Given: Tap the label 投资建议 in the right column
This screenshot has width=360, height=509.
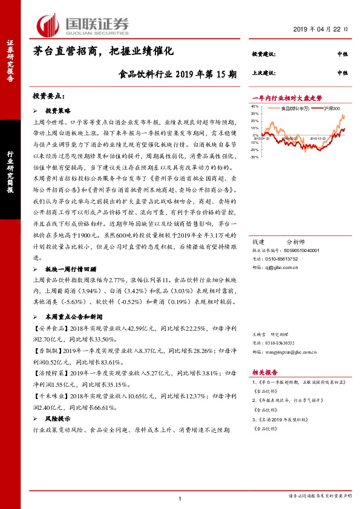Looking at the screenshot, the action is [x=264, y=54].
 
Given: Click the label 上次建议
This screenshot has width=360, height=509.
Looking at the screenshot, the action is [x=264, y=73].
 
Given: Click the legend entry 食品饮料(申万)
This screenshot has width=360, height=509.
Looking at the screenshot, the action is [x=296, y=108].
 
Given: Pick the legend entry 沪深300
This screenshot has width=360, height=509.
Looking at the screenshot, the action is [x=332, y=108].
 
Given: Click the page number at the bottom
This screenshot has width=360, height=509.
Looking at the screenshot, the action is [x=180, y=498].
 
